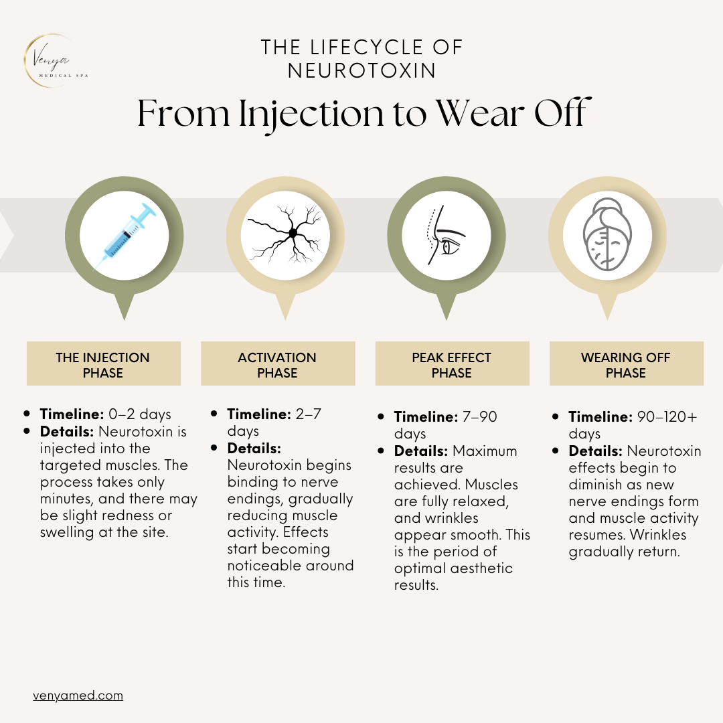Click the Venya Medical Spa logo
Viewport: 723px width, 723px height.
[x=56, y=60]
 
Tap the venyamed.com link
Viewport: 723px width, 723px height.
[x=78, y=696]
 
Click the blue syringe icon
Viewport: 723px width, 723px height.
[x=125, y=236]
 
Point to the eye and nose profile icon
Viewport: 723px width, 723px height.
[x=445, y=235]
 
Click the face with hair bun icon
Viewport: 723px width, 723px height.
[x=607, y=234]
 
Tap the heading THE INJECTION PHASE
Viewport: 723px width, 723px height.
[x=103, y=365]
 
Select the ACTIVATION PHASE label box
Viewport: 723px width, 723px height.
[x=278, y=364]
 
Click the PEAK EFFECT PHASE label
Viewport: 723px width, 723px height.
[x=452, y=365]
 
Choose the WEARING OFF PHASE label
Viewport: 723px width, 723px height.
[x=626, y=365]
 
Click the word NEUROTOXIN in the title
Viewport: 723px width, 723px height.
[x=362, y=70]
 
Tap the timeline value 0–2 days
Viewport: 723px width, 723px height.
[x=140, y=414]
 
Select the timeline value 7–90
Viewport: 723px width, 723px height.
[x=479, y=416]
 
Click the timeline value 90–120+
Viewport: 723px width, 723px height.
[x=667, y=416]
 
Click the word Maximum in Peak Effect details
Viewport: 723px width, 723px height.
[x=485, y=451]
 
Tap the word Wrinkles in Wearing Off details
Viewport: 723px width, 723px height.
[x=658, y=534]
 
